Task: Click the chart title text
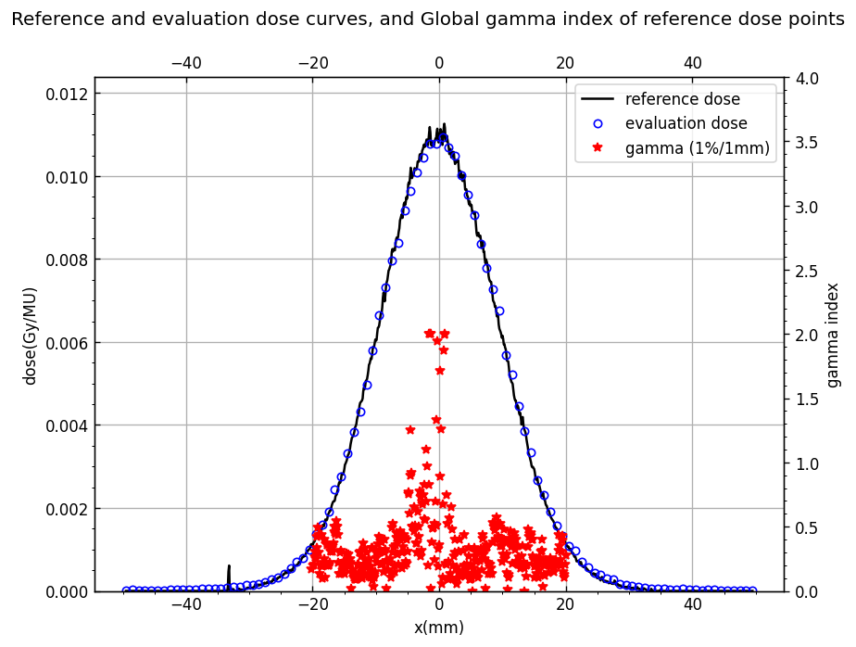(428, 19)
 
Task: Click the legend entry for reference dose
(661, 99)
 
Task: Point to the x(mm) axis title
(439, 628)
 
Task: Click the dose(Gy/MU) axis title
(30, 336)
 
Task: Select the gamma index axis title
(833, 335)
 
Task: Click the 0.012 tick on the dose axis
(67, 94)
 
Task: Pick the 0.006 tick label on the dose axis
(67, 343)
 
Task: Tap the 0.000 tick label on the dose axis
(67, 591)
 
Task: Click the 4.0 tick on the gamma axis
(806, 79)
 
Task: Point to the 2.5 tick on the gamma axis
(806, 271)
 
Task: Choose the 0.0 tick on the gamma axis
(806, 591)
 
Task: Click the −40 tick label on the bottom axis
(186, 605)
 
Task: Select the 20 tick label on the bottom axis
(565, 605)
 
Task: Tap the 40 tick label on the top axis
(692, 63)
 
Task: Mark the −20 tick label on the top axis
(313, 63)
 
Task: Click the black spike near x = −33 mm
(229, 577)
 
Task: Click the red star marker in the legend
(598, 147)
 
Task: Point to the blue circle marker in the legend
(598, 123)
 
